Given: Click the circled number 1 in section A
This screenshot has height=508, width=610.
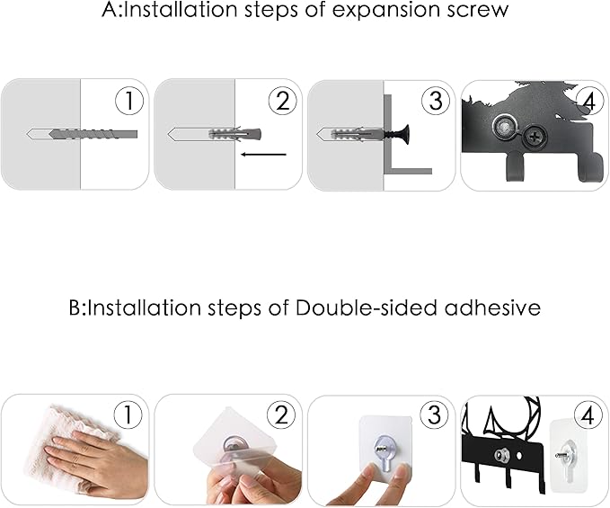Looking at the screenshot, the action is tap(129, 101).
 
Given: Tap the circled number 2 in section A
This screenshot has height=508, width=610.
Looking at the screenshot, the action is tap(283, 101).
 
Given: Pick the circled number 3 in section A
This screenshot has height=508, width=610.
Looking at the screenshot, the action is tap(436, 101).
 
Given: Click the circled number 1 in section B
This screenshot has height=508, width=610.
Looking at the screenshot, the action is tap(128, 415).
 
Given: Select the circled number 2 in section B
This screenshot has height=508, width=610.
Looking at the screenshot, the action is tap(281, 415).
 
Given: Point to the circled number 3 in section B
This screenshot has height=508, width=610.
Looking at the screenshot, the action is tap(434, 415).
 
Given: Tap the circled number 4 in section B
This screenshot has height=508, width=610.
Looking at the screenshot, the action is tap(588, 415).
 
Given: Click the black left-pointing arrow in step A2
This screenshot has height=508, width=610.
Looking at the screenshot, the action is tap(263, 155).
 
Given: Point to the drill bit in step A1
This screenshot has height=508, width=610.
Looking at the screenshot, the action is tap(93, 134).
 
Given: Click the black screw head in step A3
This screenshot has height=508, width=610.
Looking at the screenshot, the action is tap(405, 135).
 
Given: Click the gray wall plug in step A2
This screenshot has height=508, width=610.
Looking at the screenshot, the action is tap(234, 134).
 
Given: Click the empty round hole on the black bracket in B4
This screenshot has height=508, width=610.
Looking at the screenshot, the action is tap(520, 455).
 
